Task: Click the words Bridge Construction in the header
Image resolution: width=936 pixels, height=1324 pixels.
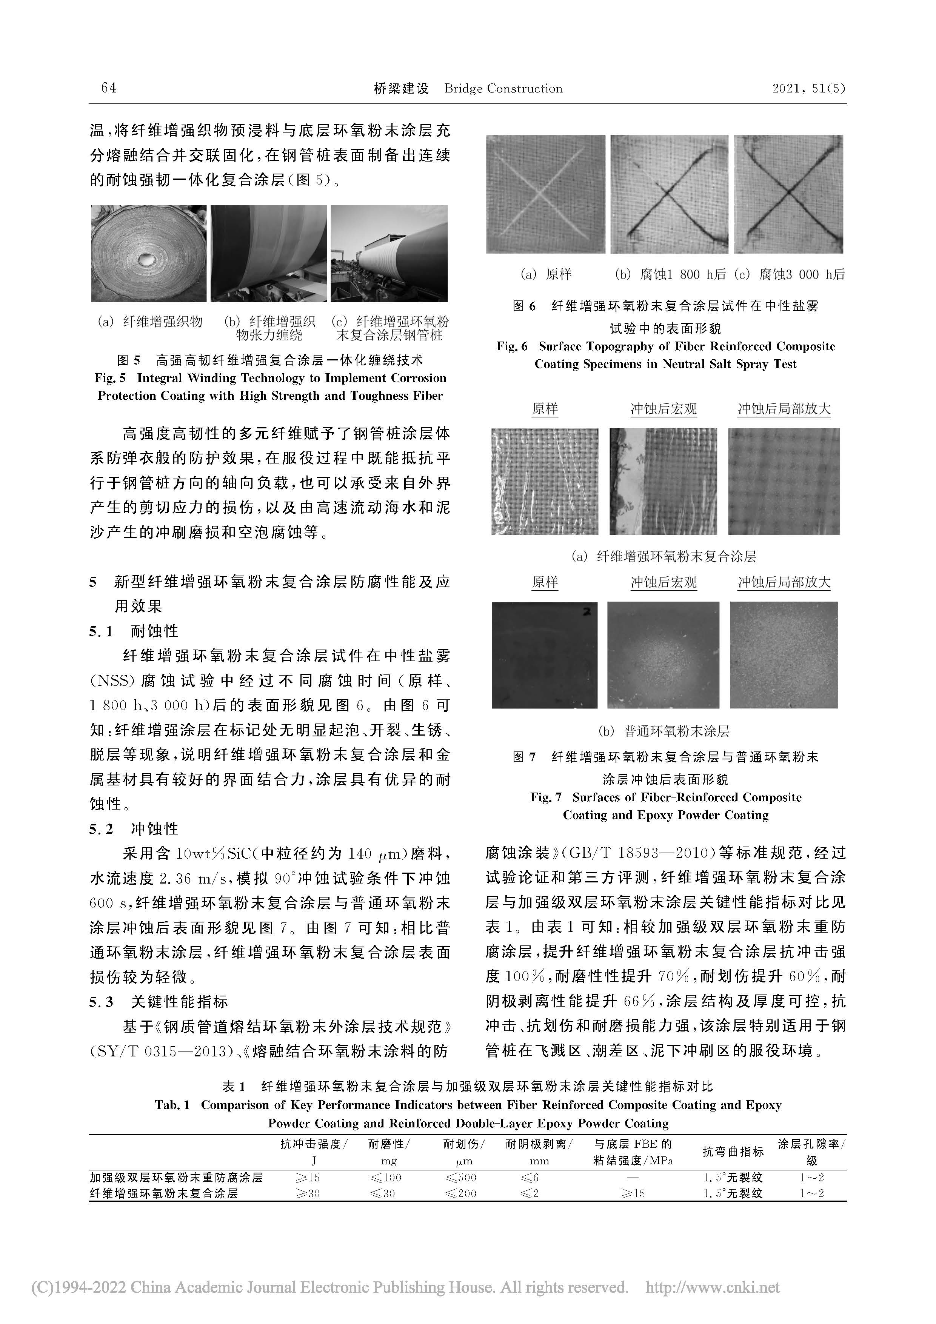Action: coord(503,89)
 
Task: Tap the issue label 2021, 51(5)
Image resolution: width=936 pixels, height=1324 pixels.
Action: coord(808,88)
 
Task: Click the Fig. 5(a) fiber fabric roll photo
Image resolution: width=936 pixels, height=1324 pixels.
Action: coord(149,254)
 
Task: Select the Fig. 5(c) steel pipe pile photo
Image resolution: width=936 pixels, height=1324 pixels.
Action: coord(389,254)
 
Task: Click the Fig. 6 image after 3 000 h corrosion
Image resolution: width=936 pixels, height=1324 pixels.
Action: coord(788,194)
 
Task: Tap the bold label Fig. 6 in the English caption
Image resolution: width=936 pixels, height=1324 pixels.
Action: coord(511,346)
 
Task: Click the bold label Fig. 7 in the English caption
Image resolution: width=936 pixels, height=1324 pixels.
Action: coord(546,797)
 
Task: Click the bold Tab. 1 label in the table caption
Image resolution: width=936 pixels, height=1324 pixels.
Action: coord(172,1105)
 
